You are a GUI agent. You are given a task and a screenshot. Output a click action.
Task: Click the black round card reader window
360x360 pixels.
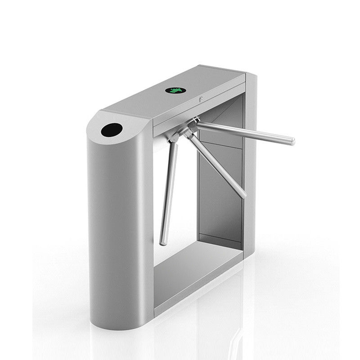click(x=112, y=130)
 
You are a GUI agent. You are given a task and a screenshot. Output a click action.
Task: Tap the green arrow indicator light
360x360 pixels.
click(x=175, y=90)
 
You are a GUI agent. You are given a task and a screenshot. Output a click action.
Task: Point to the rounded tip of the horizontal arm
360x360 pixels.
click(x=292, y=141)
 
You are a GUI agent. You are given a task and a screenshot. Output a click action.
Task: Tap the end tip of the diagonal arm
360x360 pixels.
click(x=243, y=195)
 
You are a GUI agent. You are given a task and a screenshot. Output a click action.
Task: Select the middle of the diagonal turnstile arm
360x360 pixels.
click(x=216, y=164)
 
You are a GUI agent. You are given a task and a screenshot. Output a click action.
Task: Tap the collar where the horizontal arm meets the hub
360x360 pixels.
click(x=198, y=124)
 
